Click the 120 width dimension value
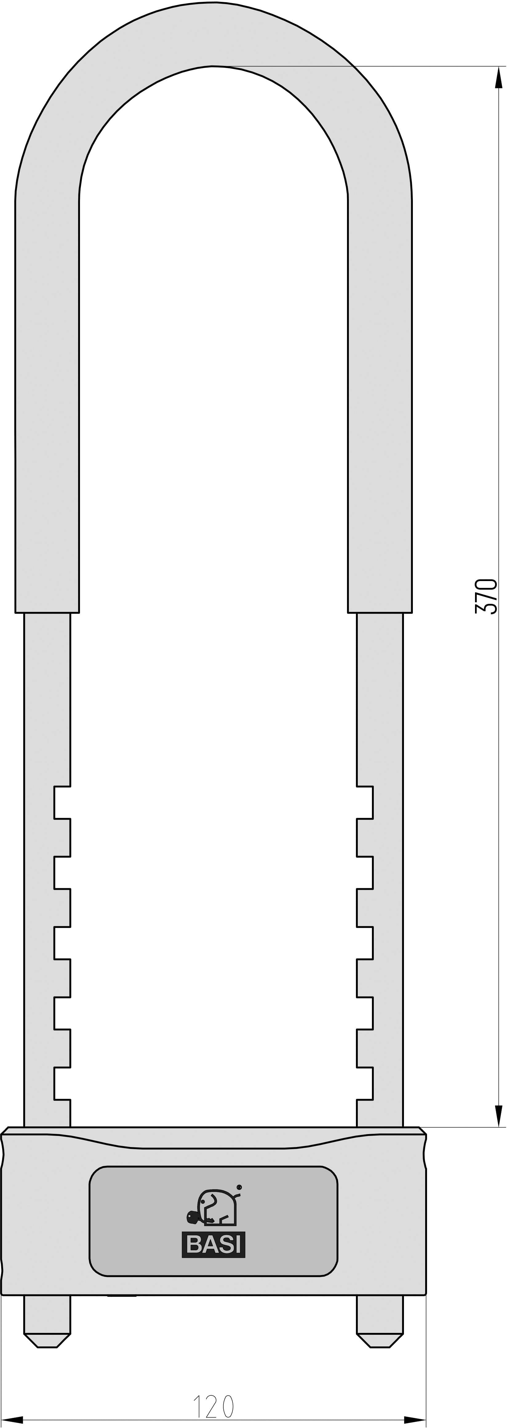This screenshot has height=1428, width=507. pyautogui.click(x=213, y=1406)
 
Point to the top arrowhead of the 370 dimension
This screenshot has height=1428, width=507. pyautogui.click(x=498, y=78)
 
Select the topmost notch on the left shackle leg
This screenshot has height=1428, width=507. pyautogui.click(x=62, y=802)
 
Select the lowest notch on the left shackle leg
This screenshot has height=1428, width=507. pyautogui.click(x=62, y=1083)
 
